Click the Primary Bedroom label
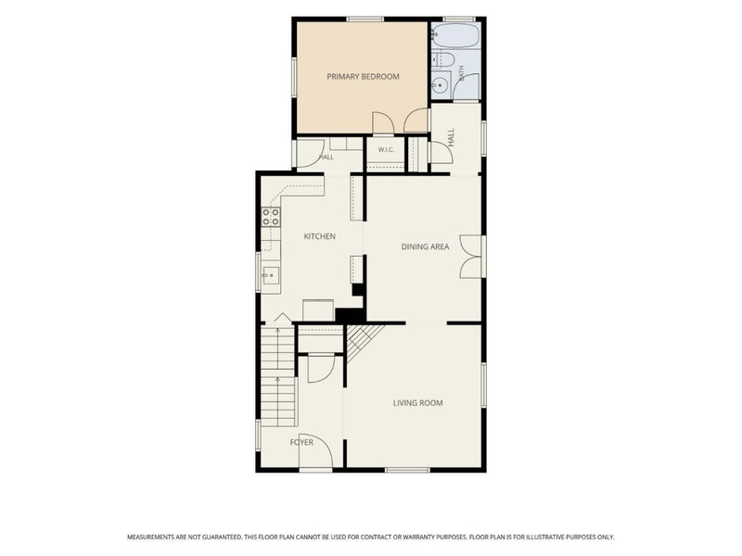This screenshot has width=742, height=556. tap(363, 77)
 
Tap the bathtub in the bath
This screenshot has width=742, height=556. tap(455, 36)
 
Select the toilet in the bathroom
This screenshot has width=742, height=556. tap(443, 59)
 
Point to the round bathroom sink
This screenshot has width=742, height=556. tap(441, 84)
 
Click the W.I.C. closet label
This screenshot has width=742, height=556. tap(386, 150)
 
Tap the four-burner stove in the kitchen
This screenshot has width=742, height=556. tap(271, 217)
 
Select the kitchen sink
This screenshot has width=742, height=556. tap(271, 275)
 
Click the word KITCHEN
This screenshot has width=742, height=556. tap(319, 236)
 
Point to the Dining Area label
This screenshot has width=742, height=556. tap(425, 246)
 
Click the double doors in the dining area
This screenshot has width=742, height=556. tap(470, 256)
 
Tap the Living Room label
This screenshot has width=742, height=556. tap(418, 403)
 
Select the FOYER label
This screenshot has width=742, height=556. tap(301, 443)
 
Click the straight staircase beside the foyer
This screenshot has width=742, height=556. tap(278, 375)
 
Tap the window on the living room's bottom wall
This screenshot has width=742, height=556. tap(407, 470)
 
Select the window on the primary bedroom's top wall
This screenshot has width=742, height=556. tap(365, 19)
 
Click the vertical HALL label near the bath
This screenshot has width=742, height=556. tap(451, 137)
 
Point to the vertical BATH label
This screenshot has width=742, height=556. tap(461, 73)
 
